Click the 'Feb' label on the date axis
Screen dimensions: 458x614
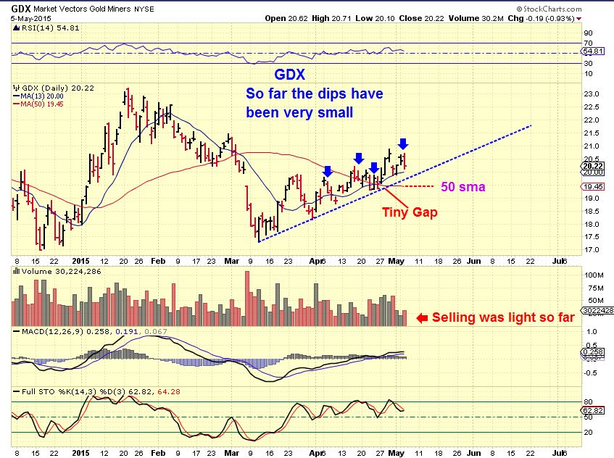pos(157,259)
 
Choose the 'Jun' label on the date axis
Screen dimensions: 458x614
pos(473,259)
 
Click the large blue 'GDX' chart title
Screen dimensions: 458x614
pos(290,75)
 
